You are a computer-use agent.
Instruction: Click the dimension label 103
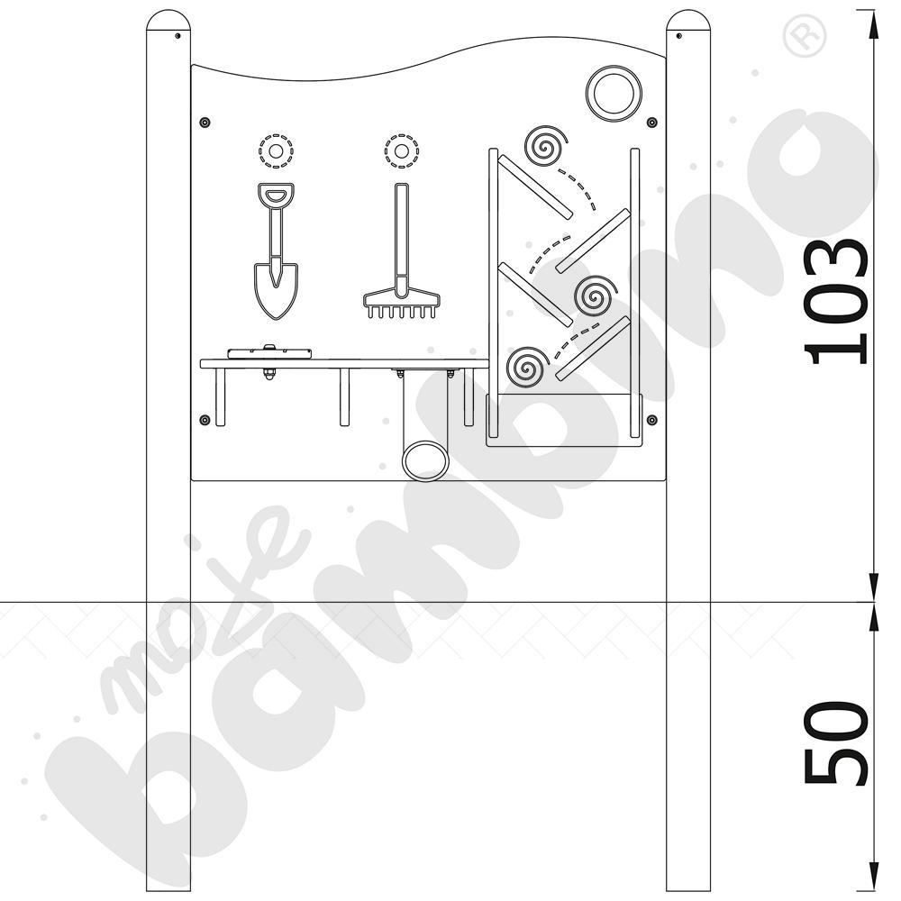(835, 301)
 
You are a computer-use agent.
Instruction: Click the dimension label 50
(835, 742)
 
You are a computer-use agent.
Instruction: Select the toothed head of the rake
(402, 305)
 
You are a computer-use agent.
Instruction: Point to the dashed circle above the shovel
(276, 151)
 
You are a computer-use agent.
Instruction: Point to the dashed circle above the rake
(402, 151)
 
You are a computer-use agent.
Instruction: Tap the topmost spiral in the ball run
(544, 147)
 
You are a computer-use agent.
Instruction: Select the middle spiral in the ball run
(595, 296)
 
